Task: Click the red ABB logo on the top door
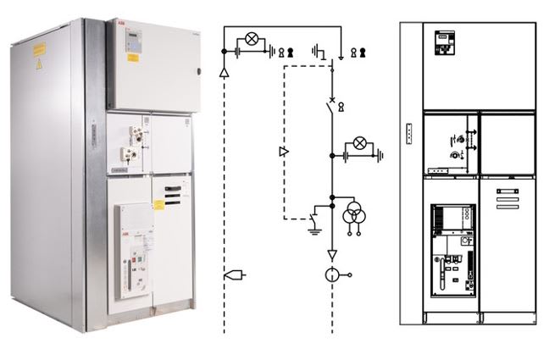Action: click(x=116, y=26)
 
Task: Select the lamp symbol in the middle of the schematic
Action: click(x=358, y=143)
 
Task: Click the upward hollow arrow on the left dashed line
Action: click(x=224, y=74)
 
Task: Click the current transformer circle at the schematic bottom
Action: click(x=331, y=274)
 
